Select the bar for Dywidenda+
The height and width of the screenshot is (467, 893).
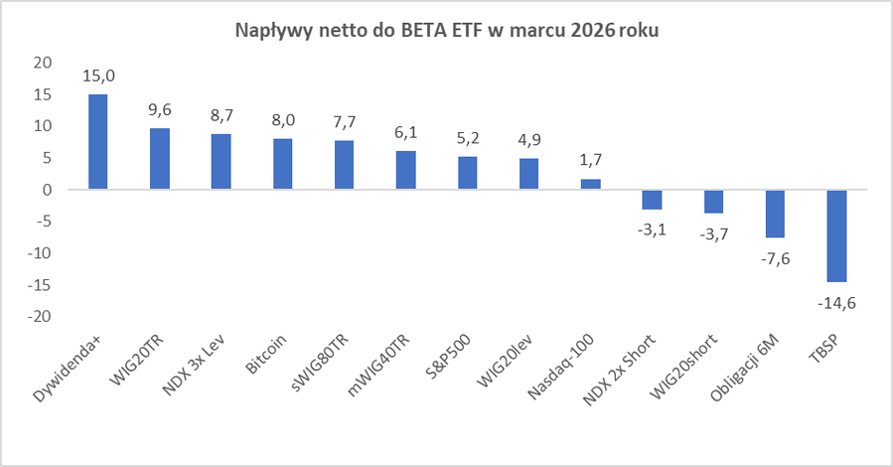(98, 141)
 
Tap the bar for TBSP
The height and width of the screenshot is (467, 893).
(836, 235)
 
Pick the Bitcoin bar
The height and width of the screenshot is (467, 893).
(283, 164)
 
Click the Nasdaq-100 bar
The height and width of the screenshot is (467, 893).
(590, 184)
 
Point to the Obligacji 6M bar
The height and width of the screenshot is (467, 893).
(775, 214)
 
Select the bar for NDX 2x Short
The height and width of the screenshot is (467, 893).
(652, 199)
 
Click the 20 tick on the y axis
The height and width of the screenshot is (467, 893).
(42, 62)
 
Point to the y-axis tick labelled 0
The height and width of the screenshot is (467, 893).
(46, 190)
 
